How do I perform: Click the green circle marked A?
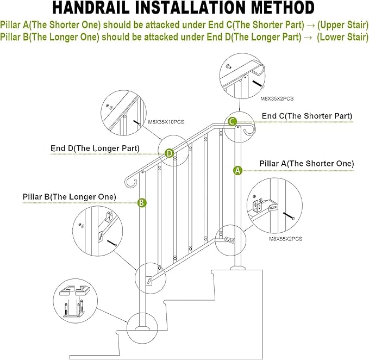point(237,170)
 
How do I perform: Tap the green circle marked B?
point(141,203)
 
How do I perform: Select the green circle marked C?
point(232,122)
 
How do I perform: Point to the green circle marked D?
point(170,153)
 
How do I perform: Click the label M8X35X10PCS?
point(166,122)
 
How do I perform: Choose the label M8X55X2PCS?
point(286,238)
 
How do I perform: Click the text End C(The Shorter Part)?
point(307,116)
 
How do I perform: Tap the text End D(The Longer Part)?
point(96,148)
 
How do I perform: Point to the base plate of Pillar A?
point(237,267)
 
